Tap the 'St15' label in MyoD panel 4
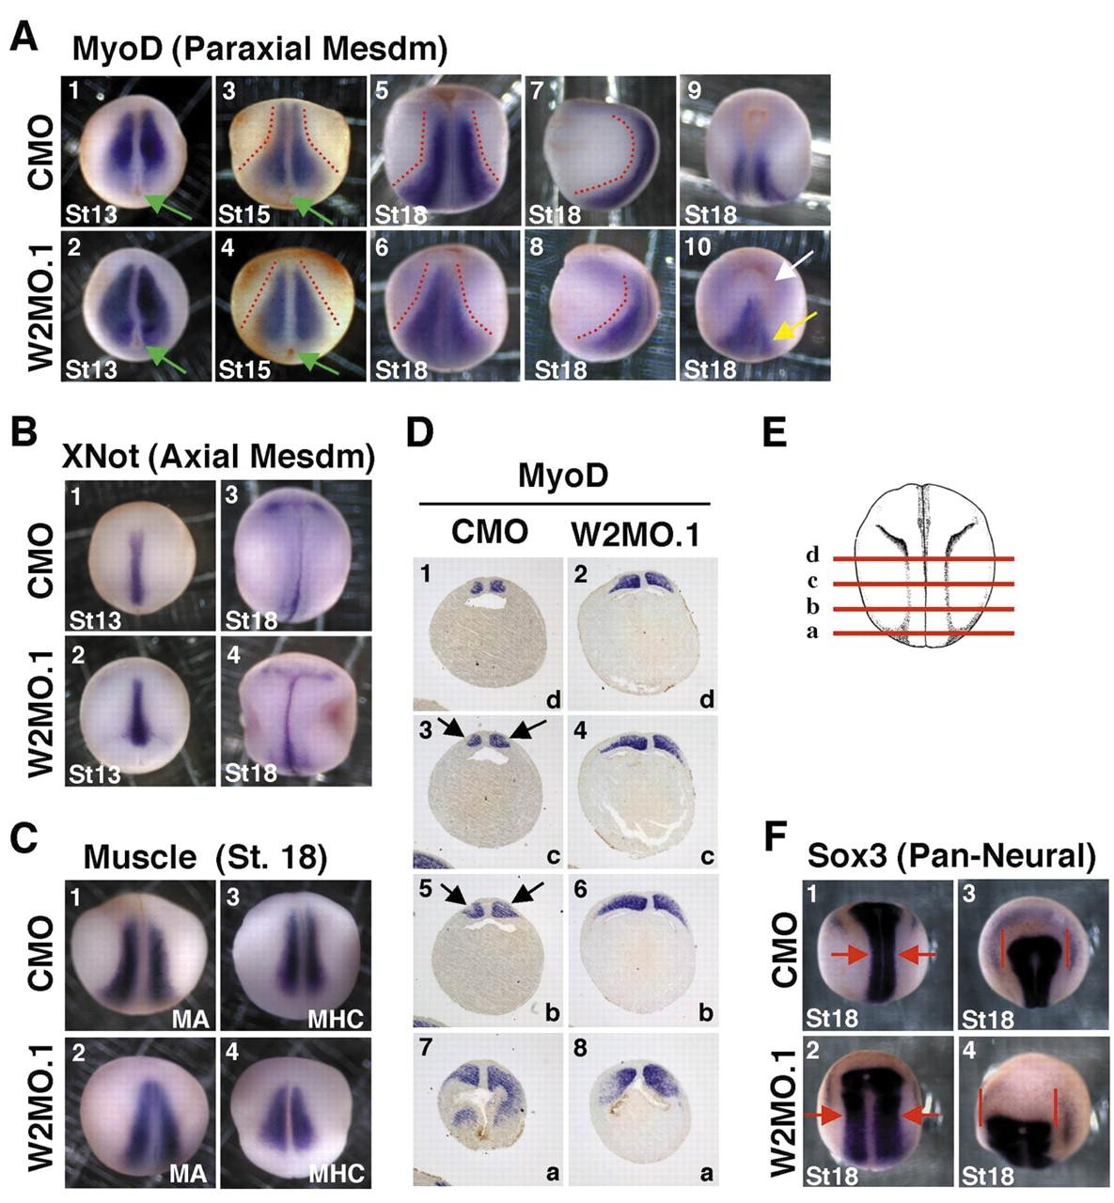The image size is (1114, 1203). click(x=245, y=368)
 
